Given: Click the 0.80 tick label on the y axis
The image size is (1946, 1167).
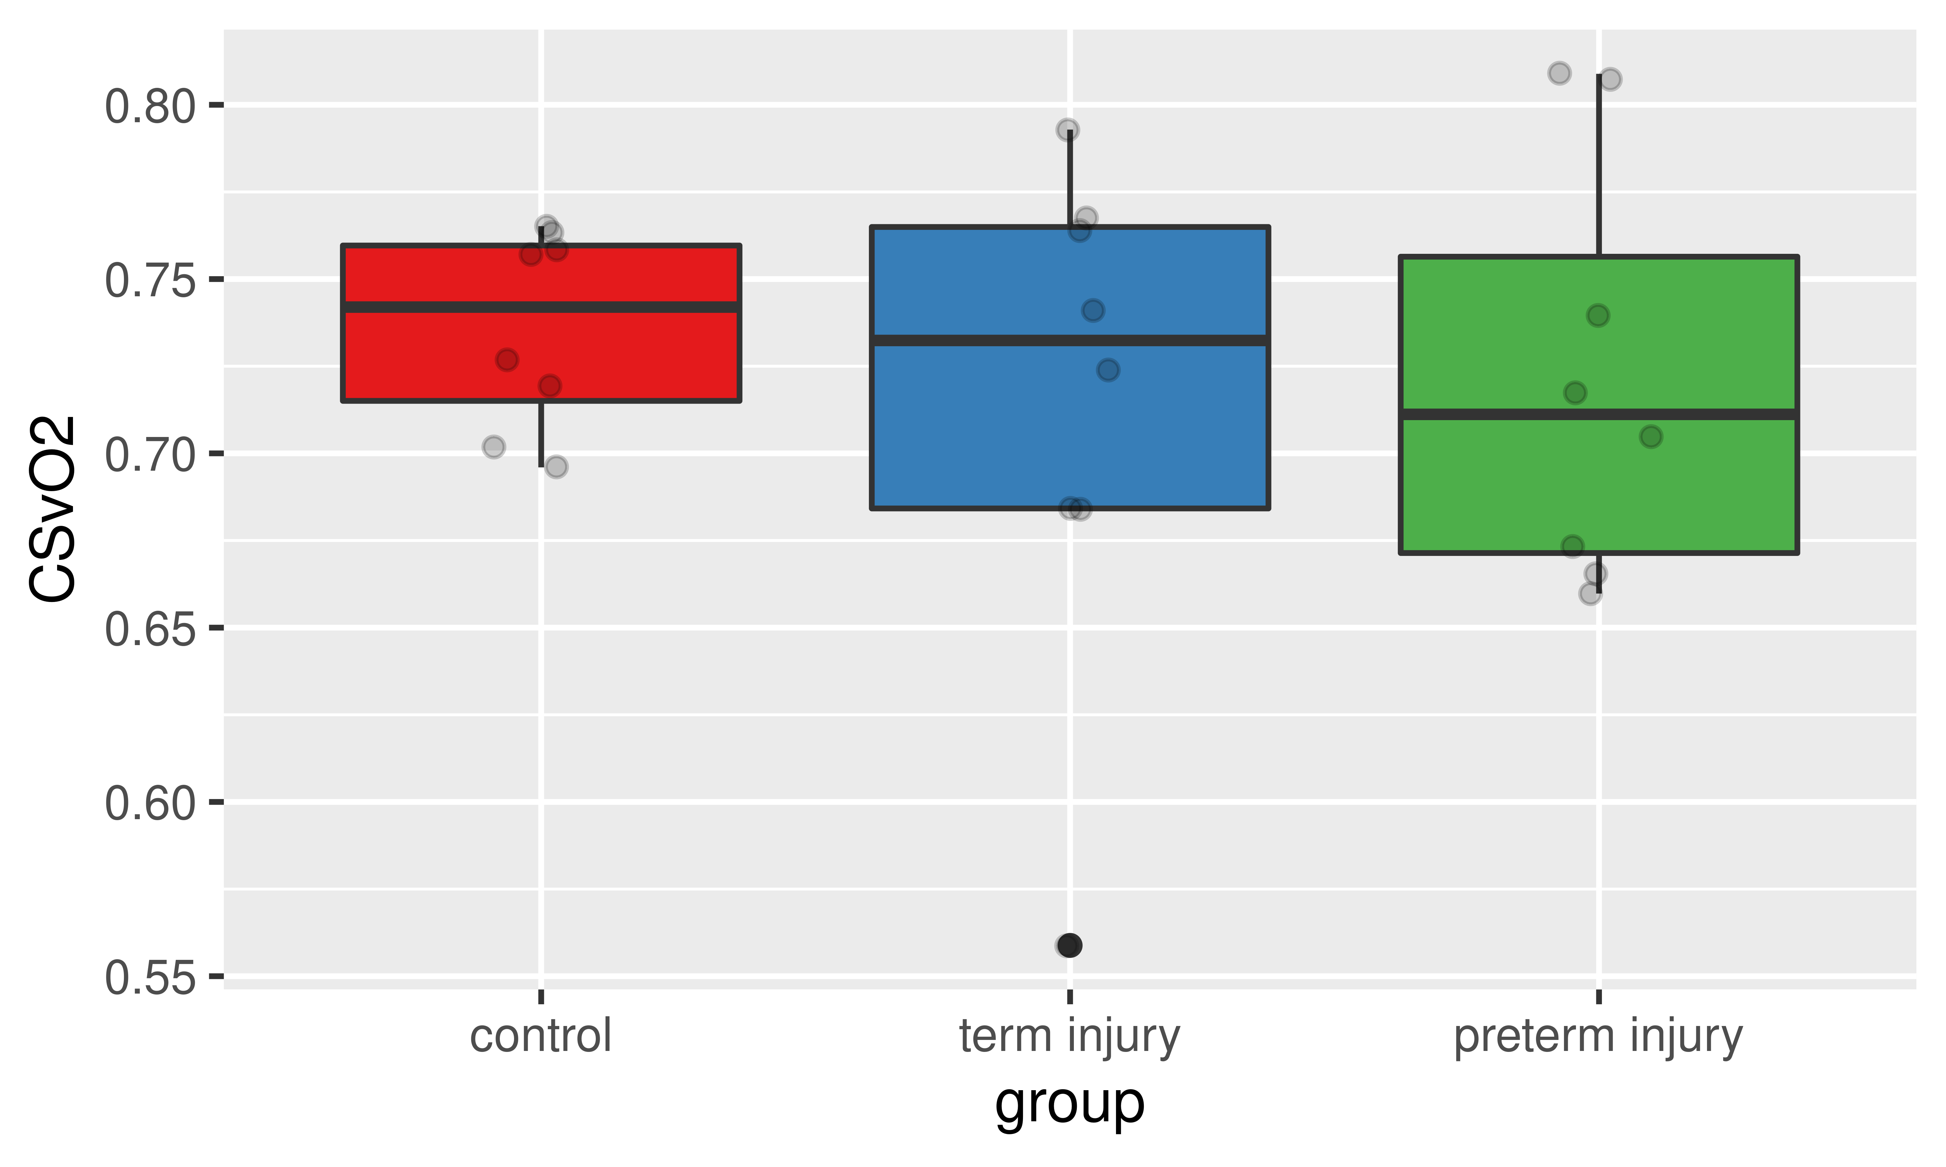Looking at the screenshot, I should coord(150,107).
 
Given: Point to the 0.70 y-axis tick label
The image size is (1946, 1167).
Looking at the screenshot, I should coord(150,455).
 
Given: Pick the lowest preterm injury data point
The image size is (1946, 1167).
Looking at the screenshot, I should coord(1590,594).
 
